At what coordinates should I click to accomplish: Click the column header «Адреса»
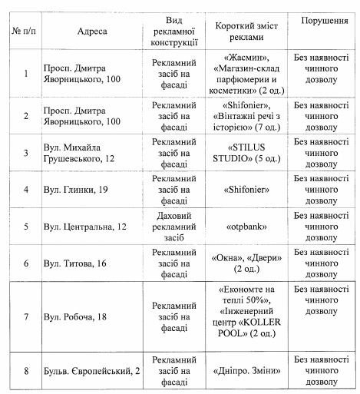92,31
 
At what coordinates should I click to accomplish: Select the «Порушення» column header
322,19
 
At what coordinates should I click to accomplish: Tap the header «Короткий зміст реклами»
247,31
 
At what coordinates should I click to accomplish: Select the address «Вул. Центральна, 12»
86,227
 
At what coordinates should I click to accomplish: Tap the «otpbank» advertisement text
247,227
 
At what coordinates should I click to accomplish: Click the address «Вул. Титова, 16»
75,263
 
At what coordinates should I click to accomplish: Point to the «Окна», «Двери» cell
247,263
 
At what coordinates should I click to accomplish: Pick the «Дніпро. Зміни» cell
247,371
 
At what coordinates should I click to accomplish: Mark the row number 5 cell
25,227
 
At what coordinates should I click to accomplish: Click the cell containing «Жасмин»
247,73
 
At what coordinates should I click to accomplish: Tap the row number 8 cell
25,371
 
